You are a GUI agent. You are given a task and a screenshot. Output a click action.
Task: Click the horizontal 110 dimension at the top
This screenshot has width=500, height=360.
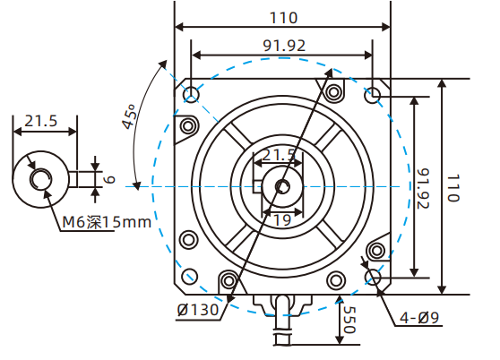coord(282,17)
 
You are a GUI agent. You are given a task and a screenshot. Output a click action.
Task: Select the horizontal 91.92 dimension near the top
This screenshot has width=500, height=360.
coord(282,45)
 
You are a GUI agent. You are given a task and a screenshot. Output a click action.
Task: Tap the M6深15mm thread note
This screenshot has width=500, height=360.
coord(107,222)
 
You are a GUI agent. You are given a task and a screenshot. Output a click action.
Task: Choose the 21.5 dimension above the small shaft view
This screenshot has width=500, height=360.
coord(41,120)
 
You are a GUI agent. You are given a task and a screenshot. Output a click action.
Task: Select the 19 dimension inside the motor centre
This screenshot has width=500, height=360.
coord(281,219)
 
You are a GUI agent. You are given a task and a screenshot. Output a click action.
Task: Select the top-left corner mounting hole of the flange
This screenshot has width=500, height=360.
coord(190,93)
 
